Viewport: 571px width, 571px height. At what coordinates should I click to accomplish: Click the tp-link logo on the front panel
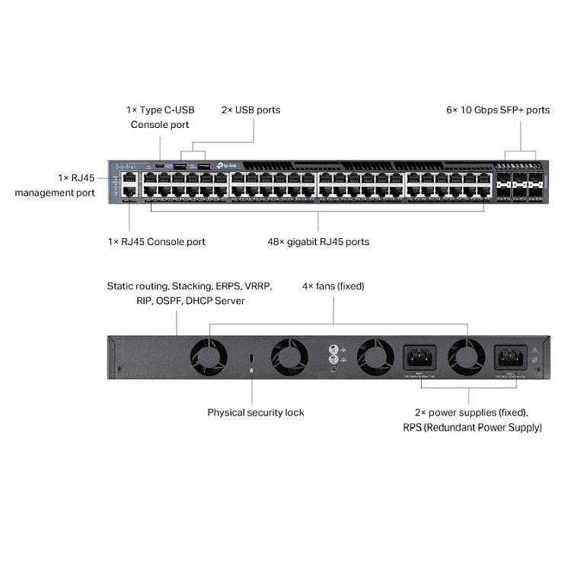[227, 164]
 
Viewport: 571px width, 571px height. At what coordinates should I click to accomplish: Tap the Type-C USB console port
[160, 165]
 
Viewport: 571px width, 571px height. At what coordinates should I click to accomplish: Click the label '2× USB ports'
[250, 110]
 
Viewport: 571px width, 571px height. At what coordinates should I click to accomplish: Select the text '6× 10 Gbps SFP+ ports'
[498, 110]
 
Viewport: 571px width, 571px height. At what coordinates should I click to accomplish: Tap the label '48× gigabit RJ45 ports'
[318, 242]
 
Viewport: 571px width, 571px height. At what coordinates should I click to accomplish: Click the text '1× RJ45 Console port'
[156, 242]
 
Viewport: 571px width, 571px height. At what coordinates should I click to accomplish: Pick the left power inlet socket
[419, 356]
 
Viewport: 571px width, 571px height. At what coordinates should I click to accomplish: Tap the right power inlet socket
[513, 356]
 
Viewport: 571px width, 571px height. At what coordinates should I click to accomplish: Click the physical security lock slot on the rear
[252, 358]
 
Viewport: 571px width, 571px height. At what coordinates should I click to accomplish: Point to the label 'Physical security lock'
[256, 413]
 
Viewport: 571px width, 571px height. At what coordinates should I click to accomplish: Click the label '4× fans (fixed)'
[333, 286]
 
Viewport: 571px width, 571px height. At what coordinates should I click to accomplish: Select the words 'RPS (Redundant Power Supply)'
[473, 428]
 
